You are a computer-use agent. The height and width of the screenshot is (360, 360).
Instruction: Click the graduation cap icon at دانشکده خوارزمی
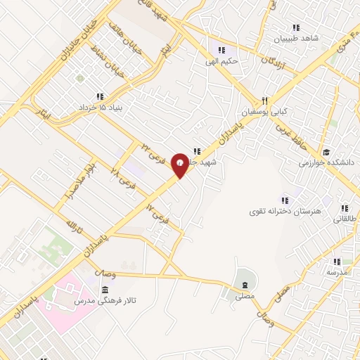coord(326,152)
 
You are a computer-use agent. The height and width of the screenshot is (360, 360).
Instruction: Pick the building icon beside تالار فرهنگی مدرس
coord(105,290)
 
